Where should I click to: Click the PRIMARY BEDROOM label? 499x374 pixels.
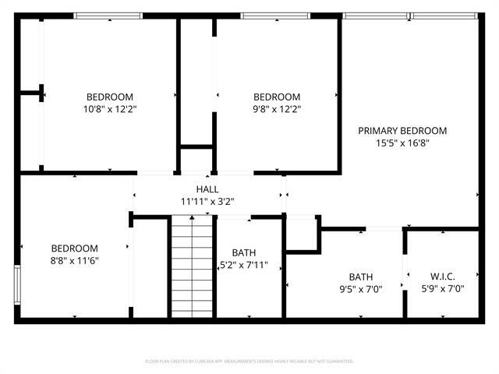402,131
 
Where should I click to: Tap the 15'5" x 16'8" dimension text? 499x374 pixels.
402,143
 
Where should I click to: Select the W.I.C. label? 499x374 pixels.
442,277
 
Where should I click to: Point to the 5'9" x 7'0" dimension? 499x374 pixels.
442,289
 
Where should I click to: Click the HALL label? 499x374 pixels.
207,189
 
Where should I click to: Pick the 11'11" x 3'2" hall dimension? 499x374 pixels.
207,202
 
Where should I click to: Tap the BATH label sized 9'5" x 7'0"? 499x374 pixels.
361,277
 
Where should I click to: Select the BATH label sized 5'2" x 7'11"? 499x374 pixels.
244,252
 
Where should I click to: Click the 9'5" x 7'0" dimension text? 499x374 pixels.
361,289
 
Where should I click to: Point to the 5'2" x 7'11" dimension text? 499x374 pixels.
242,265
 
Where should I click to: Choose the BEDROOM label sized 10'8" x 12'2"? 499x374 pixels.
109,97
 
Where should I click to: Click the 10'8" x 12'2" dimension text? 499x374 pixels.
109,109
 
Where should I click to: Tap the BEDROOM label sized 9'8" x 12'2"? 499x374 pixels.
277,97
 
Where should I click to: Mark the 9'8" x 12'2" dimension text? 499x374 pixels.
277,109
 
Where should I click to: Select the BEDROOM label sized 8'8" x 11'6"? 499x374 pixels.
75,248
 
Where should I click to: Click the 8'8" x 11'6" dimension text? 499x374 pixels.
75,260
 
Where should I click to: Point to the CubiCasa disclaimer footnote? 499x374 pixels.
249,362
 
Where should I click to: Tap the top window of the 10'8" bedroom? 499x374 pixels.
108,16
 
